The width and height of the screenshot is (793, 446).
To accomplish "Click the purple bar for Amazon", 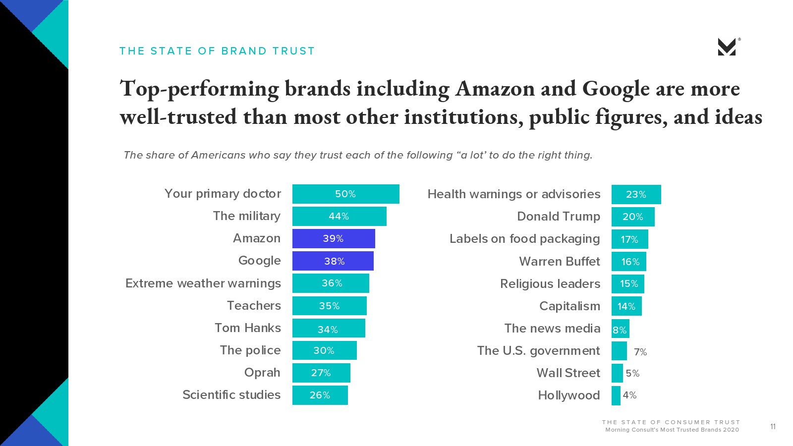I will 333,238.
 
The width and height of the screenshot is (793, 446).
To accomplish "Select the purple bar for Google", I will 333,261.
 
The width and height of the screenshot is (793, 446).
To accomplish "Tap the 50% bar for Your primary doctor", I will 345,194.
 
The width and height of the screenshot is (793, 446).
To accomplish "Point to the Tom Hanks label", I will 247,328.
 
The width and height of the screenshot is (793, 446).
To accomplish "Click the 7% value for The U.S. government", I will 640,352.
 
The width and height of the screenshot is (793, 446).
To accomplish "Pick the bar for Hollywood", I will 616,395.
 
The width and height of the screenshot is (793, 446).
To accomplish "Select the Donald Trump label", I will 558,217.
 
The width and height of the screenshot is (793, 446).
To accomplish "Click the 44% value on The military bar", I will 339,217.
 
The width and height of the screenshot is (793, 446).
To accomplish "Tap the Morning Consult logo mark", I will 727,47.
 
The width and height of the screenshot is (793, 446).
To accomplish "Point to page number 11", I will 773,427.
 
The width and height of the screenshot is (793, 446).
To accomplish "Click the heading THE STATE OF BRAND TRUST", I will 217,51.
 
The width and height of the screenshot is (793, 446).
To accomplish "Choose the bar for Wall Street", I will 617,373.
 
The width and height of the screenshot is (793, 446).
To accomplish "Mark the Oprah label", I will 262,373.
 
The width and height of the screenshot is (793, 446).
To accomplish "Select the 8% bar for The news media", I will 620,329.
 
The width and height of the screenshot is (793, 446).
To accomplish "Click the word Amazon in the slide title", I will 495,89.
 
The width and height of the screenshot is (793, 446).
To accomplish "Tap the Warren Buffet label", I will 559,261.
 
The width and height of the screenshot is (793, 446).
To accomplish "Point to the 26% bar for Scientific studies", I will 320,395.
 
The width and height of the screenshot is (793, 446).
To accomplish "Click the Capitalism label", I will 569,306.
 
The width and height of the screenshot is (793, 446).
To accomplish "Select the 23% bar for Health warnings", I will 636,194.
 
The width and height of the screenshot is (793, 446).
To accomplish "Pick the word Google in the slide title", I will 616,89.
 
